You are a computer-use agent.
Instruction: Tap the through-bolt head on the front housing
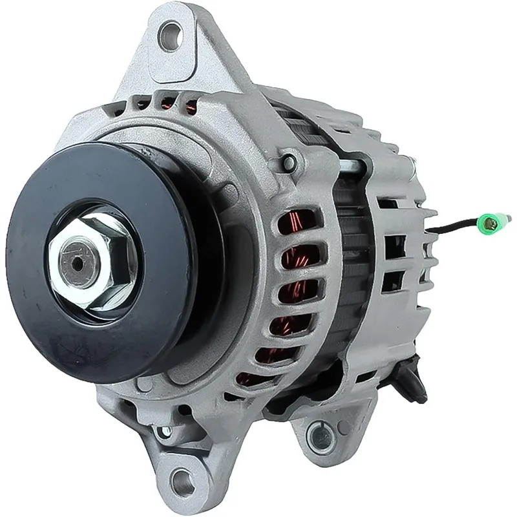290,160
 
